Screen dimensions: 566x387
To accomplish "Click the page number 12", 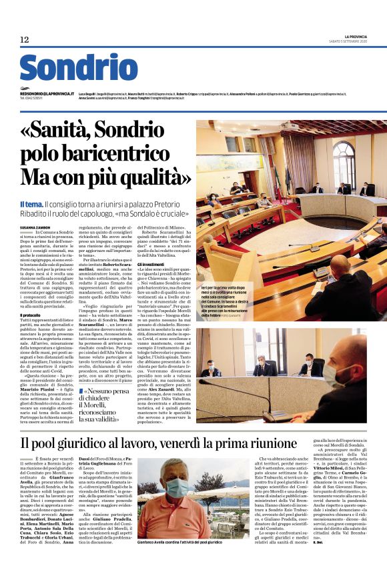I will tap(24, 40).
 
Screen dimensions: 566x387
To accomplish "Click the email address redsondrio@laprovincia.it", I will tap(47, 94).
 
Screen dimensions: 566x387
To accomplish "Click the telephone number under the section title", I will tap(31, 99).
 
